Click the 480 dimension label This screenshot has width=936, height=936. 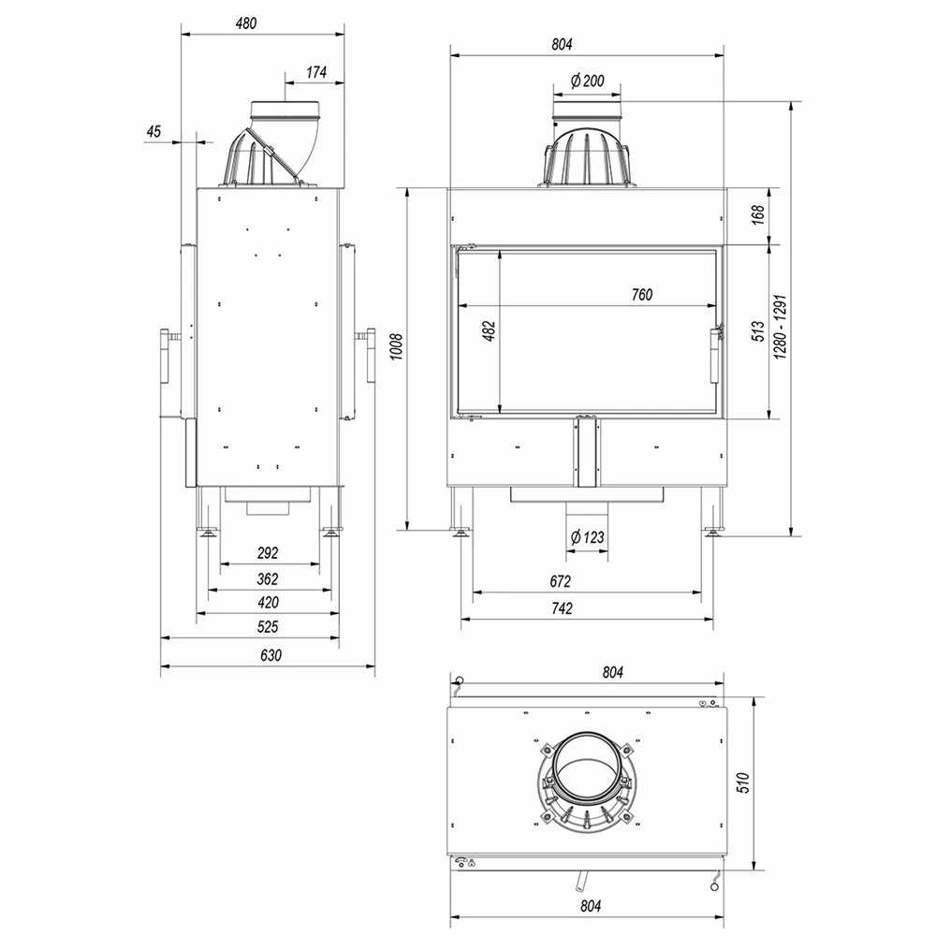coord(246,23)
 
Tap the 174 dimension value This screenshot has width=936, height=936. coord(316,72)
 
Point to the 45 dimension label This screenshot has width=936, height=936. coord(154,131)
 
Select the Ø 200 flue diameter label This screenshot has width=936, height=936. coord(588,80)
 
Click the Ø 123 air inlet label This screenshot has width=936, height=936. coord(588,537)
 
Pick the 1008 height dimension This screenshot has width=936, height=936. coord(396,346)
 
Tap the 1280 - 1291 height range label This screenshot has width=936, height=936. coord(781,327)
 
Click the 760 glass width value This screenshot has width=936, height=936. coord(642,294)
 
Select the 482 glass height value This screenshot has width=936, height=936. coord(490,331)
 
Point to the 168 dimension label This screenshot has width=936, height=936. coord(758,215)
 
